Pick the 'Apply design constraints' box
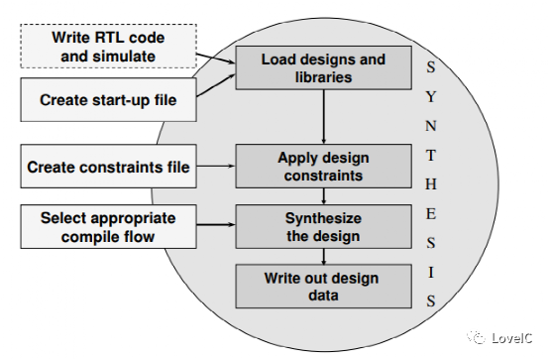pyautogui.click(x=323, y=166)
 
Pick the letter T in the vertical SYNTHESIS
pyautogui.click(x=429, y=156)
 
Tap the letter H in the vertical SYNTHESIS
pyautogui.click(x=429, y=185)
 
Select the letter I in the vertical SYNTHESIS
pyautogui.click(x=429, y=271)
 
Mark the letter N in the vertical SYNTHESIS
pyautogui.click(x=429, y=126)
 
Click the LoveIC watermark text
pyautogui.click(x=514, y=339)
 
